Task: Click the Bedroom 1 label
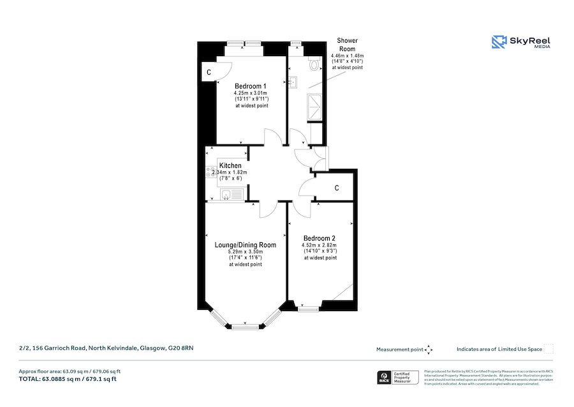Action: pyautogui.click(x=250, y=86)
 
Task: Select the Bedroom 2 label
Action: pyautogui.click(x=320, y=238)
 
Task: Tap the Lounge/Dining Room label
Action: pyautogui.click(x=246, y=245)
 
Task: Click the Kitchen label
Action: pyautogui.click(x=230, y=166)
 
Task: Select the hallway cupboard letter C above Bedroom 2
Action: pyautogui.click(x=336, y=188)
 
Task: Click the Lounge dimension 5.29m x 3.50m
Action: pyautogui.click(x=246, y=252)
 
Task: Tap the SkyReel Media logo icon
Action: pyautogui.click(x=498, y=42)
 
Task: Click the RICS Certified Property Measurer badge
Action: pyautogui.click(x=399, y=378)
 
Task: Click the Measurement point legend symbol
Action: pyautogui.click(x=429, y=349)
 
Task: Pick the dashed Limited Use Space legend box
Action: pyautogui.click(x=548, y=349)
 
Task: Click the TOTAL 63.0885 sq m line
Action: pyautogui.click(x=68, y=379)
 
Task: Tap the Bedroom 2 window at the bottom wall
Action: pyautogui.click(x=309, y=309)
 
